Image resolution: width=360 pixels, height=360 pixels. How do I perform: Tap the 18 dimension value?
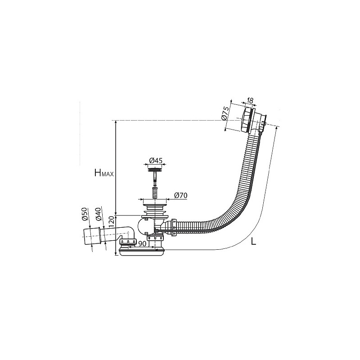[250, 100]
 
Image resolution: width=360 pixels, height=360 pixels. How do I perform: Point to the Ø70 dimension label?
[181, 195]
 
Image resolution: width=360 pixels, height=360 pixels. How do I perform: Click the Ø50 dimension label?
[85, 214]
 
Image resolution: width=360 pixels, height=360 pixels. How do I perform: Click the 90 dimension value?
[142, 244]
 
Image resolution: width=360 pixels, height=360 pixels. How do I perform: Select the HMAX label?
[104, 173]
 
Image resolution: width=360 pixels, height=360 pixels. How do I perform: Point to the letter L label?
[253, 241]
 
